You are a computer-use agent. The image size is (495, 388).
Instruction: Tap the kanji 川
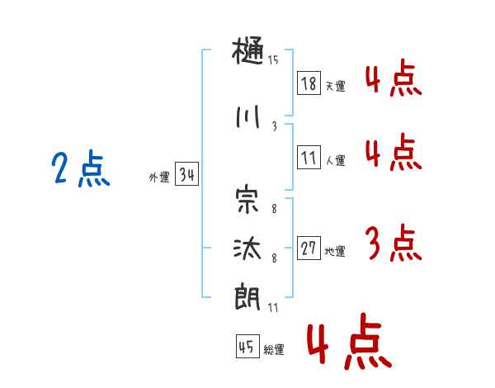click(x=248, y=118)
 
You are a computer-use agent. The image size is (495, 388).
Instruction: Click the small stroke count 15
click(x=273, y=60)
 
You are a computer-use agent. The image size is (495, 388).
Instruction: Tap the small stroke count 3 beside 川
click(x=273, y=126)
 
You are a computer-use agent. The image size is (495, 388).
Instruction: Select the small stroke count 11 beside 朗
click(x=273, y=307)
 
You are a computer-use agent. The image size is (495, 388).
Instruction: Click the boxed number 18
click(x=309, y=83)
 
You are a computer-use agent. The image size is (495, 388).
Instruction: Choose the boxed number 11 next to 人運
click(x=309, y=157)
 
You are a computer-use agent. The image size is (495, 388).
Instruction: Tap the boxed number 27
click(x=309, y=248)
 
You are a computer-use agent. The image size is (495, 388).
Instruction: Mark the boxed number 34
click(x=186, y=174)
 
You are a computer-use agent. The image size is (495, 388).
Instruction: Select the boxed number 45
click(x=247, y=347)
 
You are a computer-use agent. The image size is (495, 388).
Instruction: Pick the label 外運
click(x=159, y=177)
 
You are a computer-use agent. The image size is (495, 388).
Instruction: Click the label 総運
click(x=273, y=350)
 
